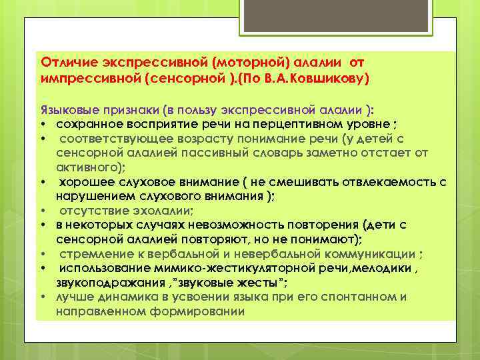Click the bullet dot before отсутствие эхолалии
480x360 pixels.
tap(42, 212)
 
